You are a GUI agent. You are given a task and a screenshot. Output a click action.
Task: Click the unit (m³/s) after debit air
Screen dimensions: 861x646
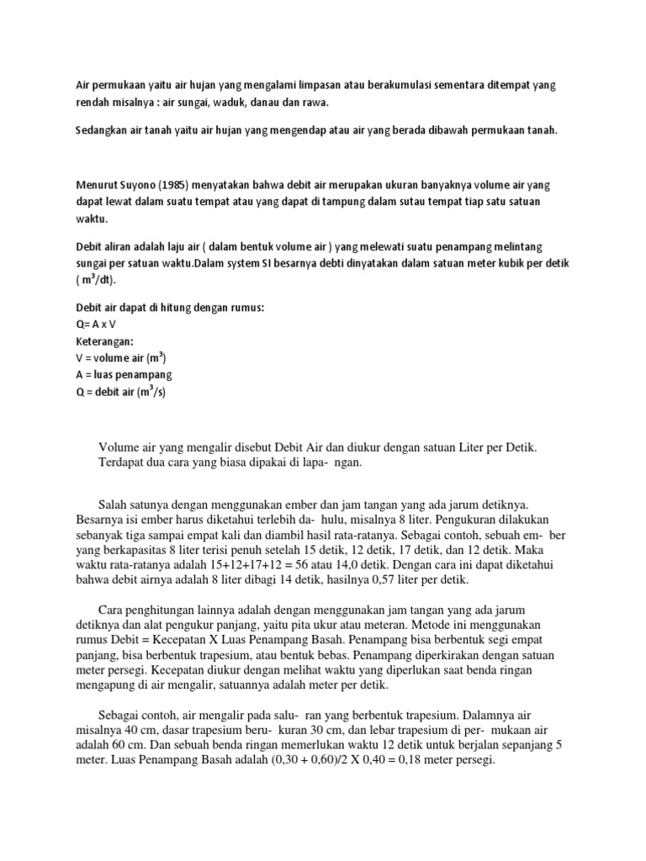point(151,390)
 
